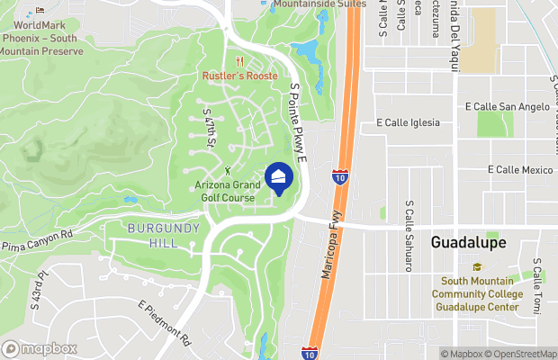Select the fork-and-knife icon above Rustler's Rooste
[x=239, y=62]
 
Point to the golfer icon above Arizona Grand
[x=228, y=171]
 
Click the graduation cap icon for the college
[x=476, y=267]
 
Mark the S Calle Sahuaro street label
[x=409, y=235]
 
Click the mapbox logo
[x=40, y=348]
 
